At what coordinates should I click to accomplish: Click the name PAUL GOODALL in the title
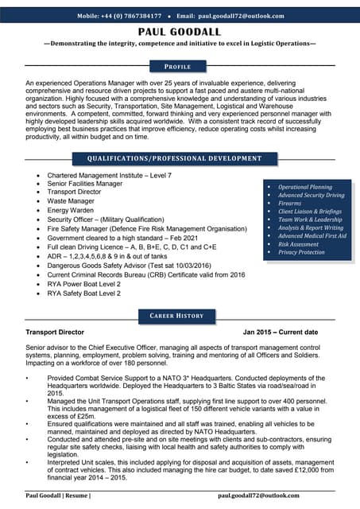180,31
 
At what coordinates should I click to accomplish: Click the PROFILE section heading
180,67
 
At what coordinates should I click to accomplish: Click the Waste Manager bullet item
72,201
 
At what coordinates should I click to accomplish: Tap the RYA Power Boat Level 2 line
83,284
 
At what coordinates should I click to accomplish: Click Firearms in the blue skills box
291,204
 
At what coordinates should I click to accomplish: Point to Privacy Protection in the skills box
301,252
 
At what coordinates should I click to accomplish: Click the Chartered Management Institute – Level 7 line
109,175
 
